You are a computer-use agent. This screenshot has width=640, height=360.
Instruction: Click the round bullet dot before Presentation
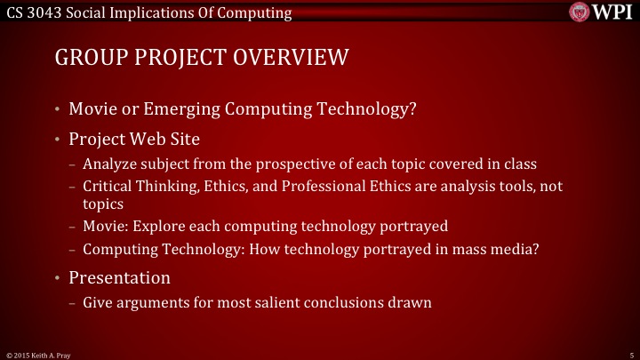[58, 278]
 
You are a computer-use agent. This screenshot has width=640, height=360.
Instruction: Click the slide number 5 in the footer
[629, 354]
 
